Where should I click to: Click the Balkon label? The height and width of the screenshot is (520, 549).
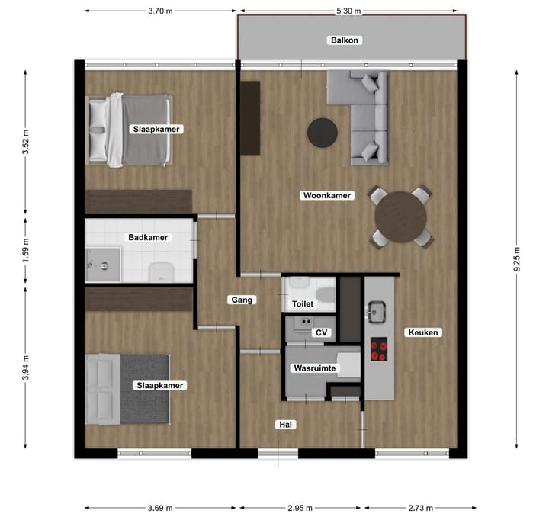(x=344, y=40)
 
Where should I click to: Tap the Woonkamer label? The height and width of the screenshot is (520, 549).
(x=327, y=196)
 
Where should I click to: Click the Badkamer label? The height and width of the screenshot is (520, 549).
(x=149, y=237)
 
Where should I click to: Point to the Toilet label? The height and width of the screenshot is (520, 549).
(x=303, y=303)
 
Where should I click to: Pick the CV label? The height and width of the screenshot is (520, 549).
(x=321, y=333)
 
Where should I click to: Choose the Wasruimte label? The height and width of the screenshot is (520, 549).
(x=315, y=368)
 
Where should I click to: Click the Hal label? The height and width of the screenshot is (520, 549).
(x=287, y=425)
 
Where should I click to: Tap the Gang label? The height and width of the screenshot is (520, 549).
(x=242, y=300)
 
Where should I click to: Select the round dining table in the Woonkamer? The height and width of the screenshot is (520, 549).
(x=401, y=217)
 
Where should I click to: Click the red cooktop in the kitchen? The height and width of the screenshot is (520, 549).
(x=379, y=349)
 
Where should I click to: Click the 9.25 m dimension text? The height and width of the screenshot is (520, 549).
(x=517, y=258)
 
